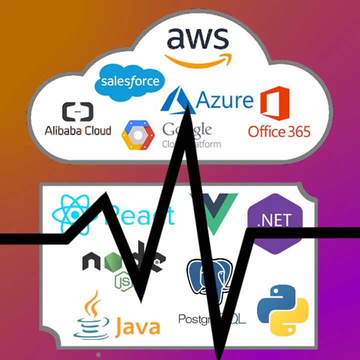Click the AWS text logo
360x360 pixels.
197,38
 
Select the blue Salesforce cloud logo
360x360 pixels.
130,81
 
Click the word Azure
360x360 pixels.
225,100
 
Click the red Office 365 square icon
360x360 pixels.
274,103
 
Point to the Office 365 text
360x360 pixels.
279,131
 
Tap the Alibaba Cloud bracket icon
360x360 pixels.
77,112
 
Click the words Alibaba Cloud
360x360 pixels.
78,131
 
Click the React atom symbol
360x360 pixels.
72,215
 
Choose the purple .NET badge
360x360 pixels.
275,220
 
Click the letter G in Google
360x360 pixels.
169,129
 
